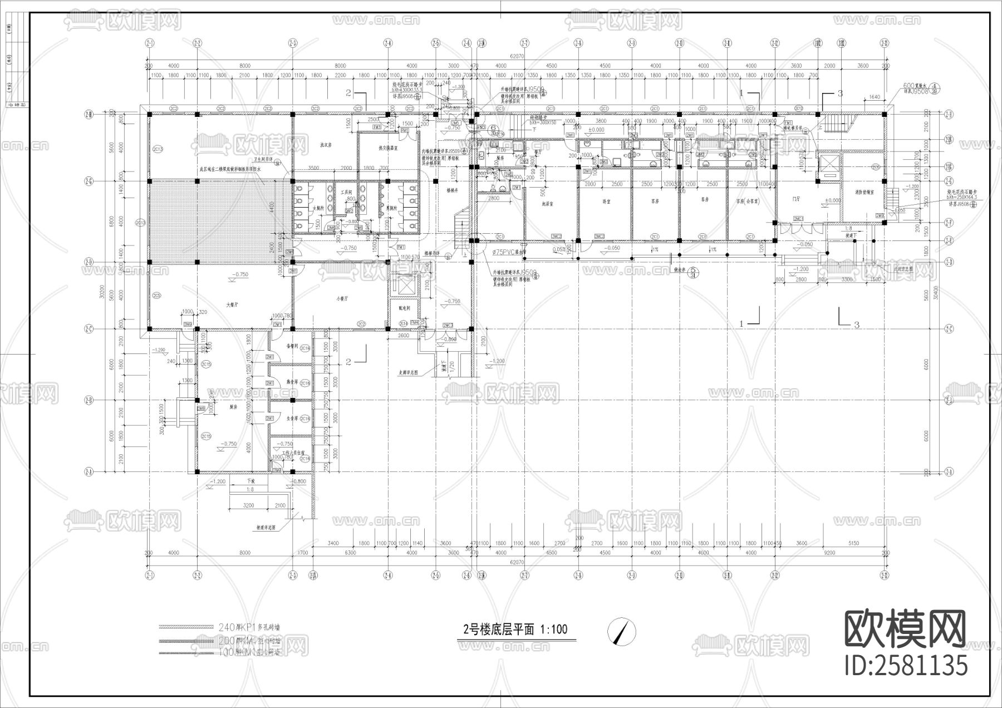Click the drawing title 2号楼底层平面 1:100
pos(515,630)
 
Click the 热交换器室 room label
pos(387,149)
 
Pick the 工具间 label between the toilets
pos(347,191)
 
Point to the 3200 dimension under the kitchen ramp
pos(248,505)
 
